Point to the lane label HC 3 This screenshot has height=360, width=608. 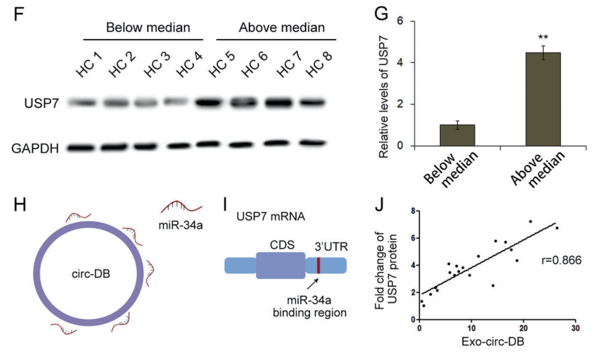click(x=156, y=66)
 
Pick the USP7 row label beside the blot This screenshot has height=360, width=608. click(x=40, y=104)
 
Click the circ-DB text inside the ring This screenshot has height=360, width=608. click(x=90, y=273)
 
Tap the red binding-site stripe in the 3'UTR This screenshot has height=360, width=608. click(x=318, y=266)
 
